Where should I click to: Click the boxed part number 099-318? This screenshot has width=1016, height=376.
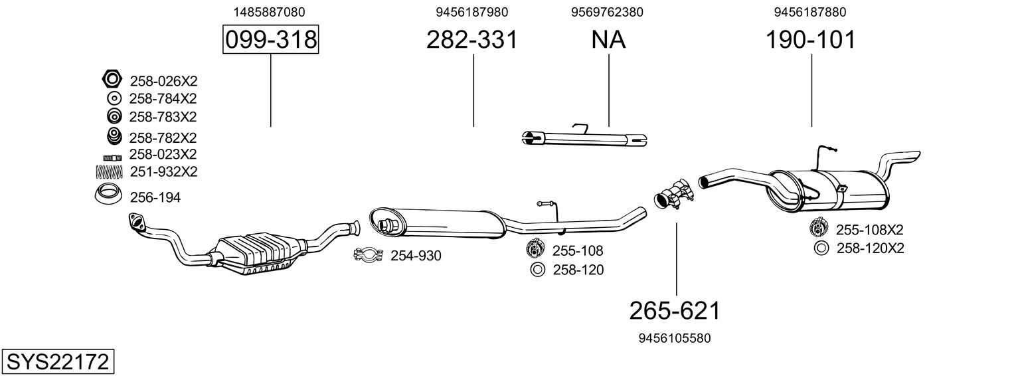coord(271,39)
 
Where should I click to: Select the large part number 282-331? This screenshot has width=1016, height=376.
coord(471,39)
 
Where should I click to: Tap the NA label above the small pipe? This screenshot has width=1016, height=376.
coord(608,39)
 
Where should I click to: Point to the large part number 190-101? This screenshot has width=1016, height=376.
coord(811,39)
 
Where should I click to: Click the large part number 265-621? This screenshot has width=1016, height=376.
coord(675,311)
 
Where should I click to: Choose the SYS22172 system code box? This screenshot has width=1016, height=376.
coord(58,362)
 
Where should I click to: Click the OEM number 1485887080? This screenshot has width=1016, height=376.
coord(270,12)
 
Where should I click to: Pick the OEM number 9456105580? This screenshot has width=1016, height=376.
coord(675,338)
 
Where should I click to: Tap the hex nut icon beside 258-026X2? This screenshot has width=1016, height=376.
coord(112,79)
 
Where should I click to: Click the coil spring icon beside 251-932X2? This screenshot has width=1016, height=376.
coord(110,171)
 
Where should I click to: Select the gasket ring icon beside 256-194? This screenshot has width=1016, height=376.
coord(108,195)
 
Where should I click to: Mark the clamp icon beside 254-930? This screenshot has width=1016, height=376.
coord(369,254)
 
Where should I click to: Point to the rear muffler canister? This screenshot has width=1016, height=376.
coord(828,191)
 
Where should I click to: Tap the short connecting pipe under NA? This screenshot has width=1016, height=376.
coord(584,138)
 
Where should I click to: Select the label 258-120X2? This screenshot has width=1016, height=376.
coord(871,248)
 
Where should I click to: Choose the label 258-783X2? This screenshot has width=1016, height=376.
coord(163,116)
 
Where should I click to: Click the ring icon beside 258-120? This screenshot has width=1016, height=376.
coord(537,270)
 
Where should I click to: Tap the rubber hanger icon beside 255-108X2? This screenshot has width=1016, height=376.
coord(818,228)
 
